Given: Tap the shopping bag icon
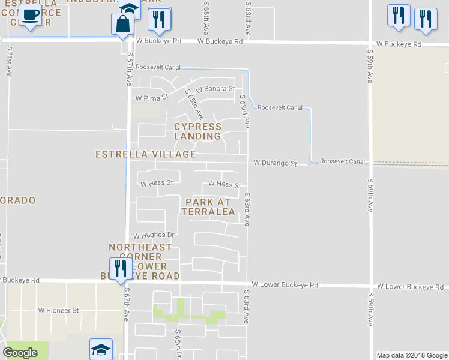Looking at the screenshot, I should pos(122,25).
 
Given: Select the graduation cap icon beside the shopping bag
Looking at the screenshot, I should pos(129,8).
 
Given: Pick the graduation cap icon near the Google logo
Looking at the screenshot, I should pos(101,350).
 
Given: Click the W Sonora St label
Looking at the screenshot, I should pos(215,89).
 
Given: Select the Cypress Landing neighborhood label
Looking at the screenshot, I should pos(197,131).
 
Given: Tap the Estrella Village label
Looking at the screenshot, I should pos(146,154).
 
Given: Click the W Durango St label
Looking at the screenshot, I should pos(275,163).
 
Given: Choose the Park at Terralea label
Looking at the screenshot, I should pos(209,207).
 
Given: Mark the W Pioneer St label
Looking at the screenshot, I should pos(59,311).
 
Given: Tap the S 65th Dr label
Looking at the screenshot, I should pos(178,343).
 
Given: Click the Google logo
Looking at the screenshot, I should pos(20,352).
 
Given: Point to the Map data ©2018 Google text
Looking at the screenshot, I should pos(411,355).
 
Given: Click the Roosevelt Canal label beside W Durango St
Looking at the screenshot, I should pos(342,162).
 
